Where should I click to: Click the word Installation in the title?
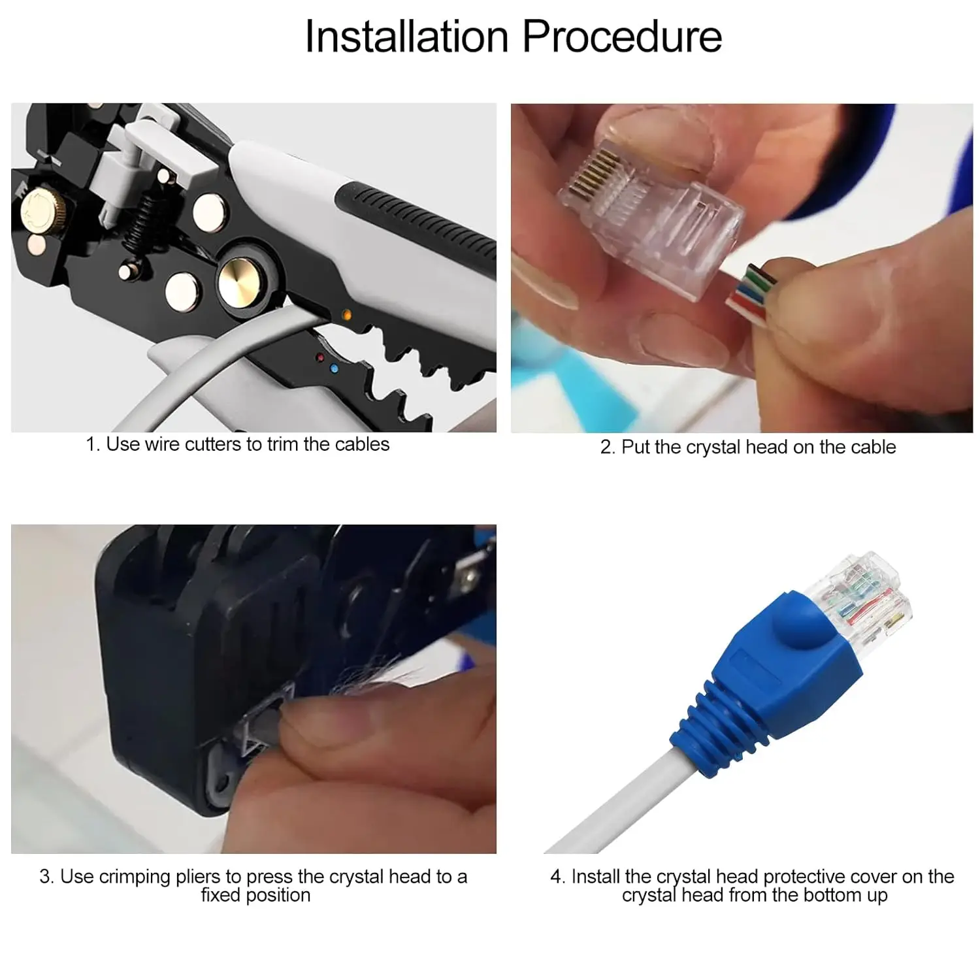(406, 37)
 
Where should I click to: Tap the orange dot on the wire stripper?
(347, 316)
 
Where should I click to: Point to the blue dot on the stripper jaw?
(335, 369)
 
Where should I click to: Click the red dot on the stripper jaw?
(320, 358)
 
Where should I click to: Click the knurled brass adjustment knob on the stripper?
(38, 211)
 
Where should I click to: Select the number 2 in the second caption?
(606, 448)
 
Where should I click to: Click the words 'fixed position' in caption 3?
(255, 895)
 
